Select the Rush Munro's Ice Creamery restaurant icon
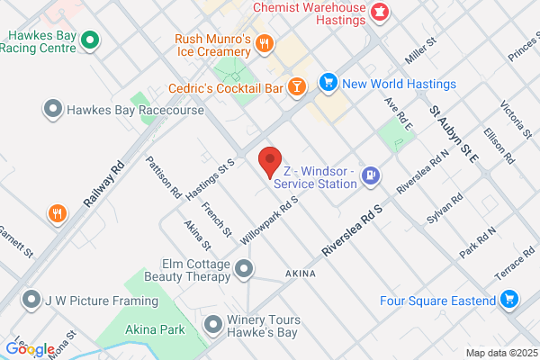click(264, 42)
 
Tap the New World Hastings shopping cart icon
click(328, 83)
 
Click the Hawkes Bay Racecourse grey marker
click(53, 110)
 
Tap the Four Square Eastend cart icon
click(509, 299)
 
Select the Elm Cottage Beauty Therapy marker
click(244, 268)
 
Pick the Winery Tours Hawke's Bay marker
click(213, 323)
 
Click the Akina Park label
click(155, 329)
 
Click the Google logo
click(30, 349)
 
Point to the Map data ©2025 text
click(500, 352)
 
